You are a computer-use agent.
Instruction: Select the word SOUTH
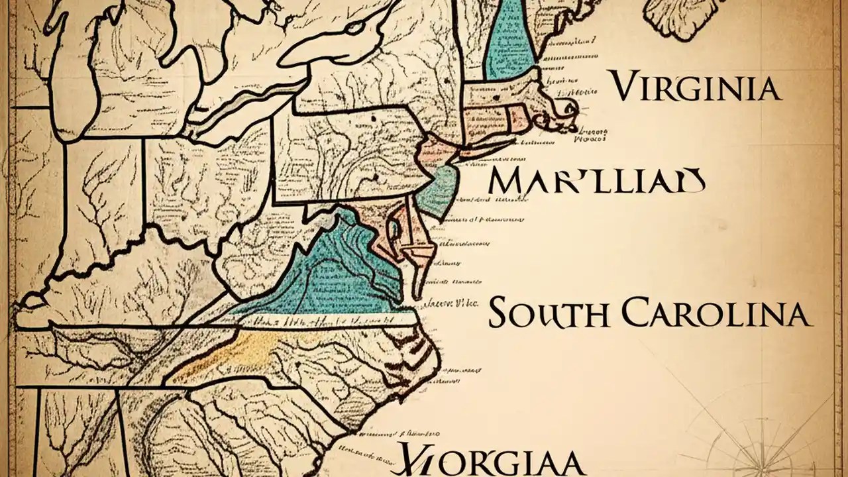[547, 313]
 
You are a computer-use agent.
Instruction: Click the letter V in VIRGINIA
[625, 86]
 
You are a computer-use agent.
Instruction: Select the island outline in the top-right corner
[682, 17]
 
